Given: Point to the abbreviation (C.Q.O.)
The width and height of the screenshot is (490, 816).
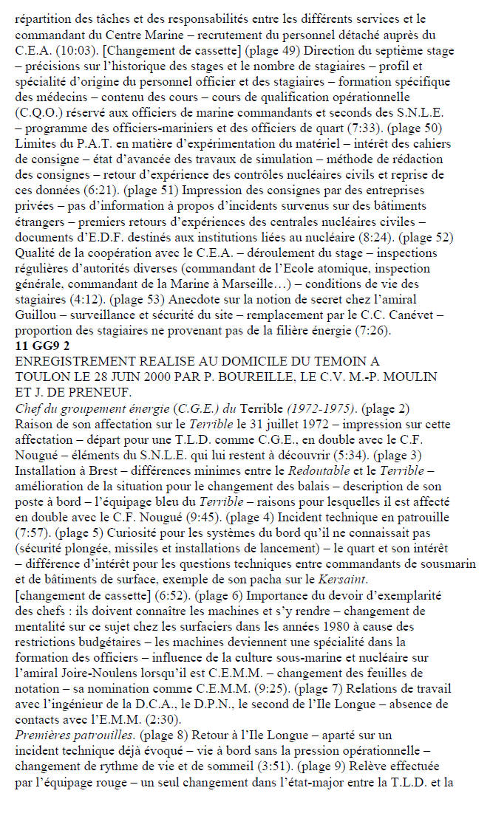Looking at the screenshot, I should click(x=40, y=112).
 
